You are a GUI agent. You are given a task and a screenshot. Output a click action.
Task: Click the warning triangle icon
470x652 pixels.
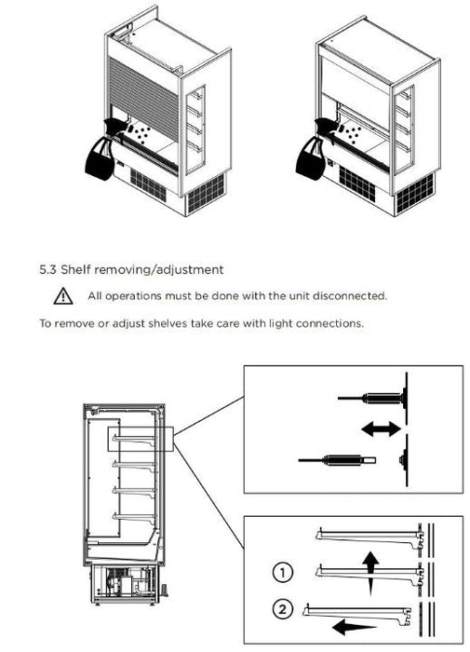point(63,296)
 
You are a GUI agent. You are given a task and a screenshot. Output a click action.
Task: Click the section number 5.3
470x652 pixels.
point(47,269)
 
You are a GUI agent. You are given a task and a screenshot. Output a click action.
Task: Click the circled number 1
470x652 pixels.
point(283,573)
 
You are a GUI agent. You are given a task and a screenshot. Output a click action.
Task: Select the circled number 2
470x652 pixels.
point(283,610)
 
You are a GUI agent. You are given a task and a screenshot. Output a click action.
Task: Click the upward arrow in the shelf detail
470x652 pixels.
point(370,574)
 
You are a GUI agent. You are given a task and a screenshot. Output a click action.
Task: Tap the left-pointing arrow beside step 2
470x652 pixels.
point(354,627)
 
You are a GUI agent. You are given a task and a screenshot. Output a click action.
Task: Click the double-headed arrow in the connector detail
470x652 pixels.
point(381,428)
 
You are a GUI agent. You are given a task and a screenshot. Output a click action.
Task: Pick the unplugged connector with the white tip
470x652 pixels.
point(337,460)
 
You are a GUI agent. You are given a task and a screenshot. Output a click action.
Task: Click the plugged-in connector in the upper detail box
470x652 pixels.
point(371,398)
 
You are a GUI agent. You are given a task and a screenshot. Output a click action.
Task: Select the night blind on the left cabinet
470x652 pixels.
point(143,98)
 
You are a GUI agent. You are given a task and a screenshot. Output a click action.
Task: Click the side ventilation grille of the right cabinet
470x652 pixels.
point(414,194)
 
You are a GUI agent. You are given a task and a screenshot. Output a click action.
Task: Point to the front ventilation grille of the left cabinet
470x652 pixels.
point(148,185)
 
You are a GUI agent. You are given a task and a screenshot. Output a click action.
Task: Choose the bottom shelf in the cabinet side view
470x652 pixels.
point(134,518)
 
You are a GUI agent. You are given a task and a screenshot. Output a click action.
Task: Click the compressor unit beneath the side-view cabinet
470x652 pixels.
point(125,581)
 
